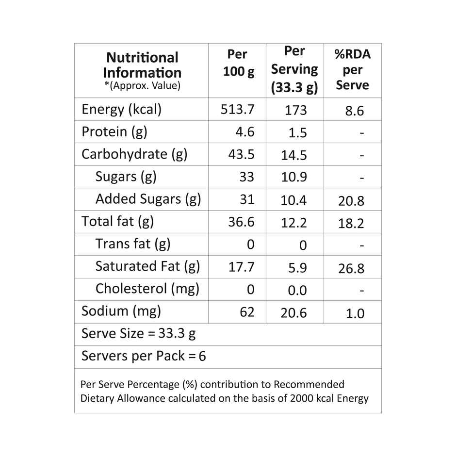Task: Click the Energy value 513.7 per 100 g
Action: pos(237,109)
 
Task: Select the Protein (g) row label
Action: pos(114,131)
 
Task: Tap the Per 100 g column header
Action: pos(237,63)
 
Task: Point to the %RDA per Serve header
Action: pos(353,69)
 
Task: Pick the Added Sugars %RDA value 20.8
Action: pos(351,201)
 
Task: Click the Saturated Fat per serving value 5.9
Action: pos(297,268)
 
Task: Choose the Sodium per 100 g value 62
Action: pos(247,312)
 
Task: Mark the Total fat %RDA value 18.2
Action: pos(351,224)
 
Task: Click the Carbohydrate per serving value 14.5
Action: pos(294,155)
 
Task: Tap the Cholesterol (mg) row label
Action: pos(147,289)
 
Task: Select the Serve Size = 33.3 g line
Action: pos(139,334)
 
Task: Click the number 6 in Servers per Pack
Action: pos(202,357)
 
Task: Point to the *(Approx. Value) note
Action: pos(142,86)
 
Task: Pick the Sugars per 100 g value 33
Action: pos(246,177)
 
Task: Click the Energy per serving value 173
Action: pos(295,110)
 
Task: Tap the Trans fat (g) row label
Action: pos(132,244)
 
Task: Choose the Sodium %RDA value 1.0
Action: pos(355,314)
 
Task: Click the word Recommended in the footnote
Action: pos(309,385)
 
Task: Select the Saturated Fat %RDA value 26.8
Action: pos(351,268)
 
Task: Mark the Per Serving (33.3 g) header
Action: pos(294,69)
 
